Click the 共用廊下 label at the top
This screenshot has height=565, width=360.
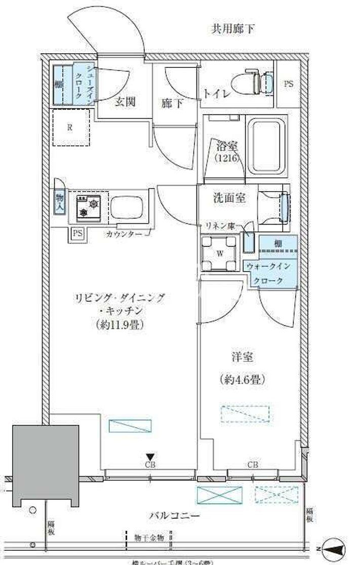(233, 29)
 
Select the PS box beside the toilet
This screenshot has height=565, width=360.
(288, 84)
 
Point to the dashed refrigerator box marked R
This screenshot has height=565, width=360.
(71, 128)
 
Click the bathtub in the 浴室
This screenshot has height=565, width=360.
(266, 144)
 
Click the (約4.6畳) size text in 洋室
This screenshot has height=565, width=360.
(243, 379)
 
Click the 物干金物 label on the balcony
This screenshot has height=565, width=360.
(149, 537)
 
